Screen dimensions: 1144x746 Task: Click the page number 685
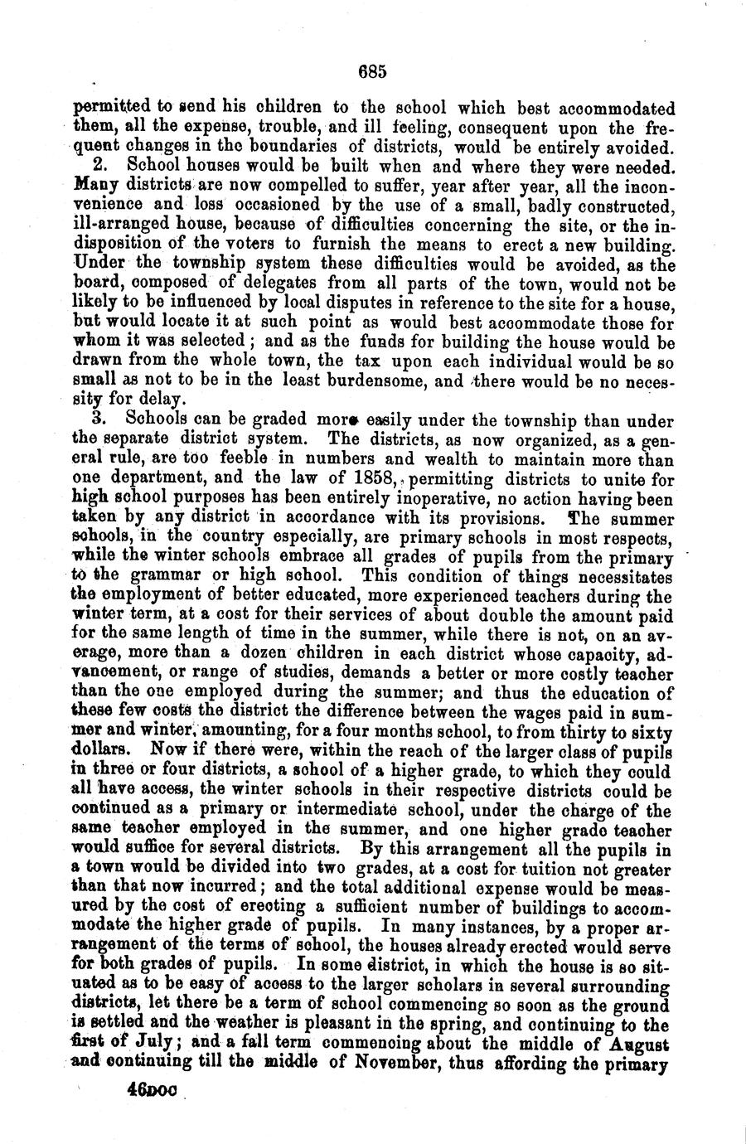(373, 72)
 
